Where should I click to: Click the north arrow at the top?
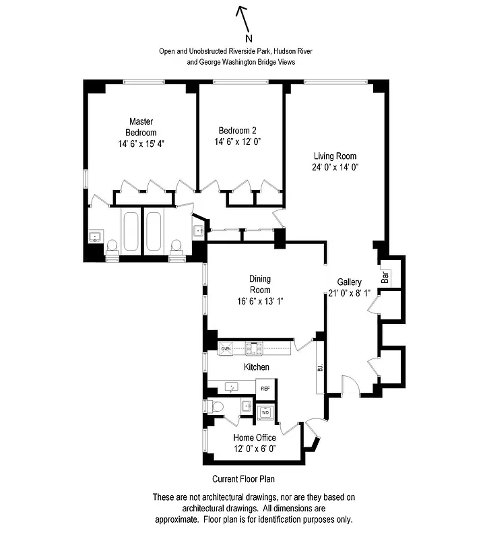click(242, 19)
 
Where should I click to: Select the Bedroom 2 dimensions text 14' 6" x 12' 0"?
click(237, 142)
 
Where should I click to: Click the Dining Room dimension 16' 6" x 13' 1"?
click(259, 301)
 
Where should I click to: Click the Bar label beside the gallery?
click(386, 276)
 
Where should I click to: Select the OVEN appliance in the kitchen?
click(226, 348)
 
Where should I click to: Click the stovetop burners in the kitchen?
click(254, 348)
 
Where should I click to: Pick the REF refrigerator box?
click(265, 388)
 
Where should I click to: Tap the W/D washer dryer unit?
click(265, 411)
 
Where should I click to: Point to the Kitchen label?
click(256, 367)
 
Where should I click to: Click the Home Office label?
click(254, 438)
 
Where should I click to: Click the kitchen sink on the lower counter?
click(232, 387)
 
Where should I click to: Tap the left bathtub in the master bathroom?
click(131, 233)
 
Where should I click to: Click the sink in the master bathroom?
click(95, 236)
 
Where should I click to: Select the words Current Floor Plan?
click(243, 479)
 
